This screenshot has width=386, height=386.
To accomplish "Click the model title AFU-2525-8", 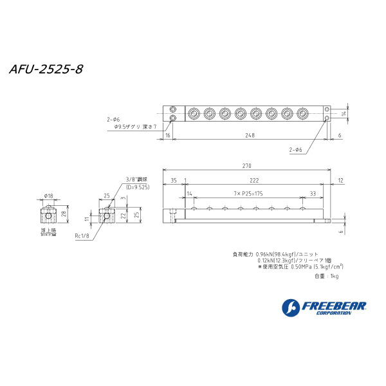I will [x=46, y=69].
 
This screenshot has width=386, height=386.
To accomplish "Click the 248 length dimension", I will [x=249, y=135].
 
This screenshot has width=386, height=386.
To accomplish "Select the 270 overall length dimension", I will [x=247, y=166].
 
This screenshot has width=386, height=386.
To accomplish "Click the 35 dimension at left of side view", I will [x=173, y=181].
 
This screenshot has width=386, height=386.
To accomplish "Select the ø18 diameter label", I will [x=49, y=196].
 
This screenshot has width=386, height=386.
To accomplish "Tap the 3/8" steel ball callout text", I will [x=137, y=179].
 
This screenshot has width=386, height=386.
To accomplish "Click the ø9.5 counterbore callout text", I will [x=131, y=127].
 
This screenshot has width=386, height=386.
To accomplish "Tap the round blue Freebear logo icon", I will [x=291, y=308].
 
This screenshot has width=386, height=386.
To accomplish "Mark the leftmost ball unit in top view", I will [x=194, y=115].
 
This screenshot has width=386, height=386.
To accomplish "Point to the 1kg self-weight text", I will [x=327, y=276].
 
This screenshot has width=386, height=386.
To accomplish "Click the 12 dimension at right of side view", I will [x=340, y=181].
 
